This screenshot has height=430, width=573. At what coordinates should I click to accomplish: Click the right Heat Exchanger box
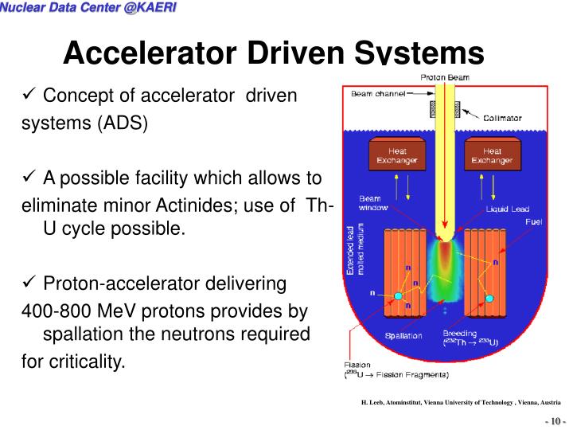tap(492, 155)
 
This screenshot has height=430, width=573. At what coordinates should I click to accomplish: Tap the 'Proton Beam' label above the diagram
tap(445, 77)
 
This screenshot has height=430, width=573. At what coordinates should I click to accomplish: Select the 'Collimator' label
tap(502, 118)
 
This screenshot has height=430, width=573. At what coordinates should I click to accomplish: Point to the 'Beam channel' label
tap(377, 93)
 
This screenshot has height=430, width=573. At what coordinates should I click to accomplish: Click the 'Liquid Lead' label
tap(508, 209)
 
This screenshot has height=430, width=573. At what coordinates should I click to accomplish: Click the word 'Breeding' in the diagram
tap(460, 333)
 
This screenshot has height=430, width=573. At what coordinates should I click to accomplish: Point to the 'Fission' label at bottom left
tap(357, 364)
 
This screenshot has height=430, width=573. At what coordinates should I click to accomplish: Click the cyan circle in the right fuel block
tap(489, 297)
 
